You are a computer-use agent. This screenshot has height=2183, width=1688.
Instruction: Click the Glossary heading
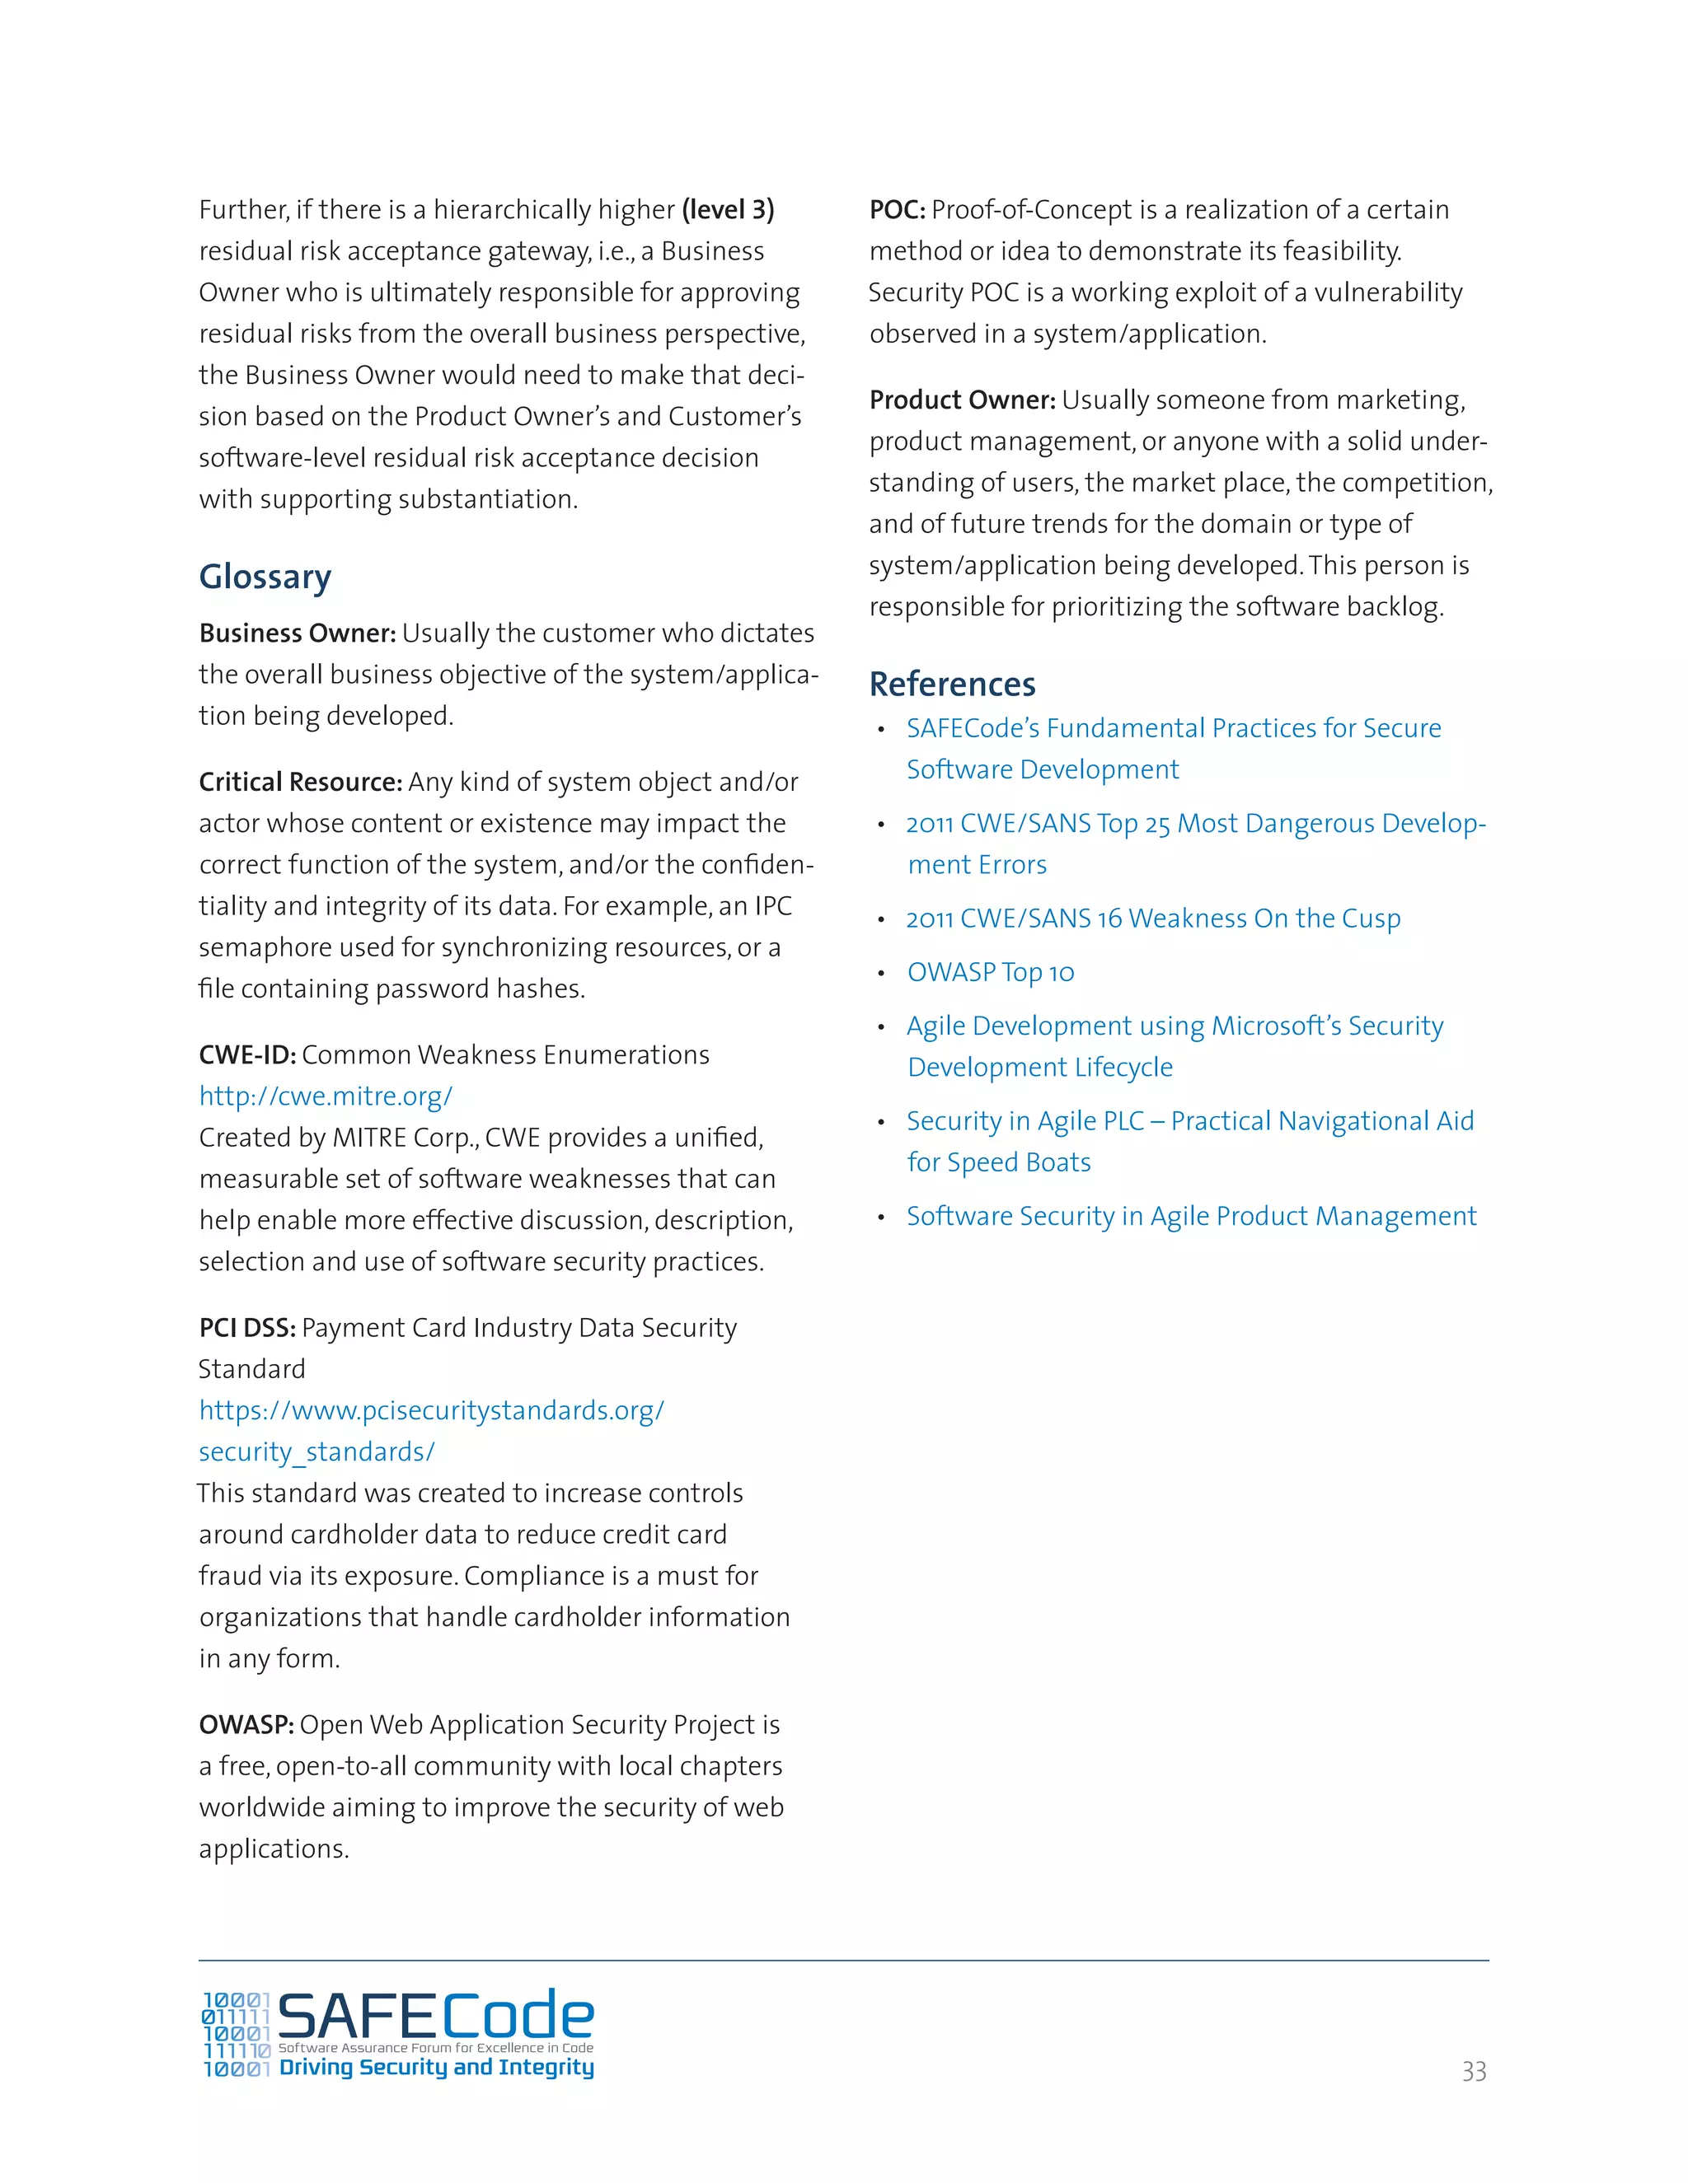265,577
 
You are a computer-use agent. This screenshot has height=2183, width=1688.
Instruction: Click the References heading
952,684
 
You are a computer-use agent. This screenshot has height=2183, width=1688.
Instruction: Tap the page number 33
1473,2071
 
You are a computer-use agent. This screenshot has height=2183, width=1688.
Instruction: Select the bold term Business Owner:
297,633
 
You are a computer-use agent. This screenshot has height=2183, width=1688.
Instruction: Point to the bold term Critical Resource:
300,782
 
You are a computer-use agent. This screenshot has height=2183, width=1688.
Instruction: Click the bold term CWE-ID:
247,1054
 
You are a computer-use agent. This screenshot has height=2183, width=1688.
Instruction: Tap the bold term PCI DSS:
247,1327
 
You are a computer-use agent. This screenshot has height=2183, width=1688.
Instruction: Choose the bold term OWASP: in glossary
246,1724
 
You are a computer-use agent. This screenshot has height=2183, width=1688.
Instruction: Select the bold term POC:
897,210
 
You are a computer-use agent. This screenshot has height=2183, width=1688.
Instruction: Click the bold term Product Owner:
962,400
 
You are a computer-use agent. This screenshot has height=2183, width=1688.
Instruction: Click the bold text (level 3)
728,210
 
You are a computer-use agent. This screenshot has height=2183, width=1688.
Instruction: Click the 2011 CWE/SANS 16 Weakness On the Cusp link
1153,918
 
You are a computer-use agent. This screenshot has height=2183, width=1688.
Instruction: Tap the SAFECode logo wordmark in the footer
435,2015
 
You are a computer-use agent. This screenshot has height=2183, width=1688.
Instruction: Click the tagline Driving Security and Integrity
436,2067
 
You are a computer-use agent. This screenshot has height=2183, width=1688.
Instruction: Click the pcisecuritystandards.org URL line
431,1410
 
